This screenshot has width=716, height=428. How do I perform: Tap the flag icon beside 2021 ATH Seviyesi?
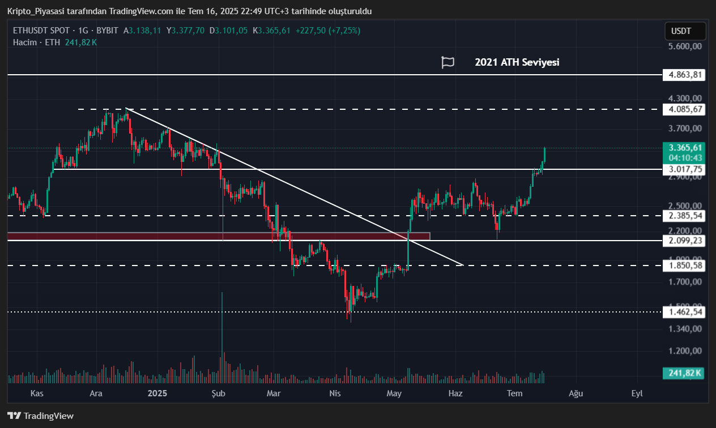(447, 62)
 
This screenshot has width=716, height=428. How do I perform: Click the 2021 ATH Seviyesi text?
(517, 62)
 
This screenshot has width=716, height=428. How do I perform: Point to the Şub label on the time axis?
(219, 393)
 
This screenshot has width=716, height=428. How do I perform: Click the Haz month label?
(455, 393)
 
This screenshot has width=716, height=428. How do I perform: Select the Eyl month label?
(637, 393)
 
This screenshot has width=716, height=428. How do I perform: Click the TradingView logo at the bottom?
(40, 416)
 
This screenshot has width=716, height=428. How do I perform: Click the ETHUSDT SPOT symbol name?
(41, 31)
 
